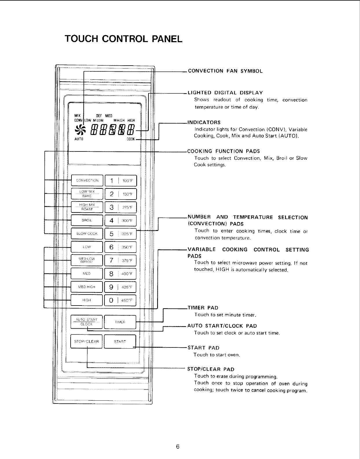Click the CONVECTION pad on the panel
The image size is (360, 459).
pos(87,181)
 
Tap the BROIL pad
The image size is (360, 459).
pos(87,220)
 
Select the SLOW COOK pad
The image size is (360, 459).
pos(87,234)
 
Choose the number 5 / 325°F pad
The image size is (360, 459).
pos(120,234)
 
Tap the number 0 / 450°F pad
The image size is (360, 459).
pos(120,300)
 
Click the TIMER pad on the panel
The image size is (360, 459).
pos(120,322)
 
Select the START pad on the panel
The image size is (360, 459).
pos(120,341)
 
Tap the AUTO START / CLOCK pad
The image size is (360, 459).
pos(87,322)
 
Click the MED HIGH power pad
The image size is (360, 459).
pos(87,287)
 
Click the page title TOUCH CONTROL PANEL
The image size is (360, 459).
pos(124,39)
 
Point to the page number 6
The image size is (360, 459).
pos(178,447)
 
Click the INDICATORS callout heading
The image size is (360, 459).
pos(204,122)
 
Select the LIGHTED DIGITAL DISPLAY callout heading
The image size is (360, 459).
pos(225,93)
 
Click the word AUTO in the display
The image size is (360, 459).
pos(79,139)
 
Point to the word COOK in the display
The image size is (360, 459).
pos(131,139)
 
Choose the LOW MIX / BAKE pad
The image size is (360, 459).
pos(87,194)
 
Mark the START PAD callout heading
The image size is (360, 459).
pos(203,348)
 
